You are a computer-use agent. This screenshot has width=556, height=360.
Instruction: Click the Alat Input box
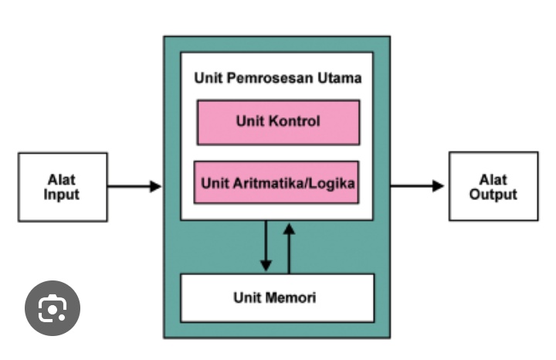coord(63,187)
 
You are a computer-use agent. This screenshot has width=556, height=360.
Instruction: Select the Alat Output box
coord(493,186)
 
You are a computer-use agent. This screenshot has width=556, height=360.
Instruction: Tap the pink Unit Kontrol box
coord(278,122)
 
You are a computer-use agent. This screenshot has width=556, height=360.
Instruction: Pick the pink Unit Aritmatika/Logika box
coord(277,183)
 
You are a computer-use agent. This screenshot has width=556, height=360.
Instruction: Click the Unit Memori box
coord(276,297)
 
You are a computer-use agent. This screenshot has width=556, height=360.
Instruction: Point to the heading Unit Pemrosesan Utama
coord(277,78)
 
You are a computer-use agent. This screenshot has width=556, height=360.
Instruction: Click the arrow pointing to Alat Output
coord(417,185)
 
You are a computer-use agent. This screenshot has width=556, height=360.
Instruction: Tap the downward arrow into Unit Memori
coord(266,246)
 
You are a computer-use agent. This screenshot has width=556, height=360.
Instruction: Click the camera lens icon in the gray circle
coord(53,308)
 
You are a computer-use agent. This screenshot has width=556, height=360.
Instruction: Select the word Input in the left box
coord(62,195)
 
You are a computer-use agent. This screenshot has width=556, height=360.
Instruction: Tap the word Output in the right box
coord(493,194)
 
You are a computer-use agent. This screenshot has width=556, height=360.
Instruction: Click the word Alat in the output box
coord(493,179)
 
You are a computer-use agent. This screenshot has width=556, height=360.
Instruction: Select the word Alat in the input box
coord(62,180)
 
